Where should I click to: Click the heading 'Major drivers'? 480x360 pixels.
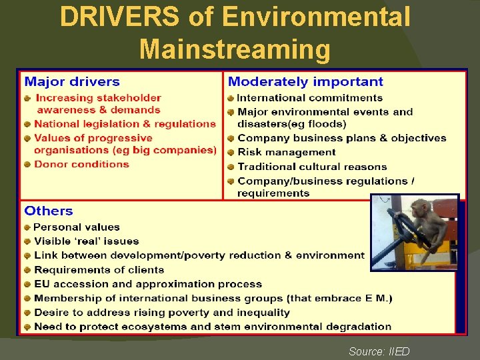point(72,82)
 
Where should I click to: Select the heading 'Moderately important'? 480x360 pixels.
point(305,82)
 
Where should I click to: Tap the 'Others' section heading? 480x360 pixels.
point(49,211)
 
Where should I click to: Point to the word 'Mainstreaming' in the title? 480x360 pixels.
point(235,49)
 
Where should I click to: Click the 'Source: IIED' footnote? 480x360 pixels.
point(379,351)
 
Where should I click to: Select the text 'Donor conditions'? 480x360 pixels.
point(81,164)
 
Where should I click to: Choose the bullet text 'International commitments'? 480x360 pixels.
point(310,98)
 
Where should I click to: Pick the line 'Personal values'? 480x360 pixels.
point(77,227)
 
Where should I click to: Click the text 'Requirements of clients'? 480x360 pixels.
point(99,270)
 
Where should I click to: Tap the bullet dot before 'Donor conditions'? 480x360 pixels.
point(27,165)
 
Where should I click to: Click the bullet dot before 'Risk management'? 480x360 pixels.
point(231,153)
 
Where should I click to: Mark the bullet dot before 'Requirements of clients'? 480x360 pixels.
point(27,270)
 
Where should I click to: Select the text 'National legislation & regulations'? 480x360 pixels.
point(125,124)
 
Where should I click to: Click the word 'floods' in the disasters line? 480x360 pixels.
point(327,124)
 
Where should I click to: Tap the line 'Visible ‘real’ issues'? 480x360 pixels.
point(87,241)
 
